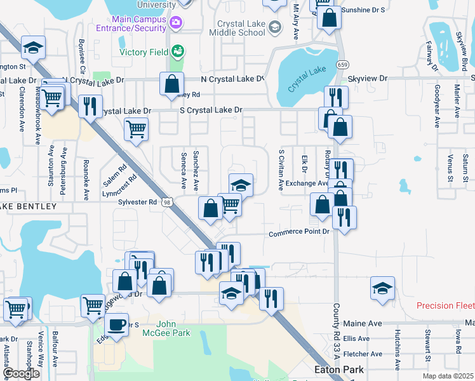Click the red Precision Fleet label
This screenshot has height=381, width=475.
pyautogui.click(x=445, y=305)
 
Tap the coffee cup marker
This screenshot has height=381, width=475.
pyautogui.click(x=116, y=324)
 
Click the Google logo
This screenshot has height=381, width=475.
pyautogui.click(x=21, y=373)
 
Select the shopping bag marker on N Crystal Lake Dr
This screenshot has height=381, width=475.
pyautogui.click(x=171, y=84)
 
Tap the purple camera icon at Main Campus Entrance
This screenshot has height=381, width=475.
pyautogui.click(x=176, y=23)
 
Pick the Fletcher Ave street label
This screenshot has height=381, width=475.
pyautogui.click(x=363, y=354)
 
